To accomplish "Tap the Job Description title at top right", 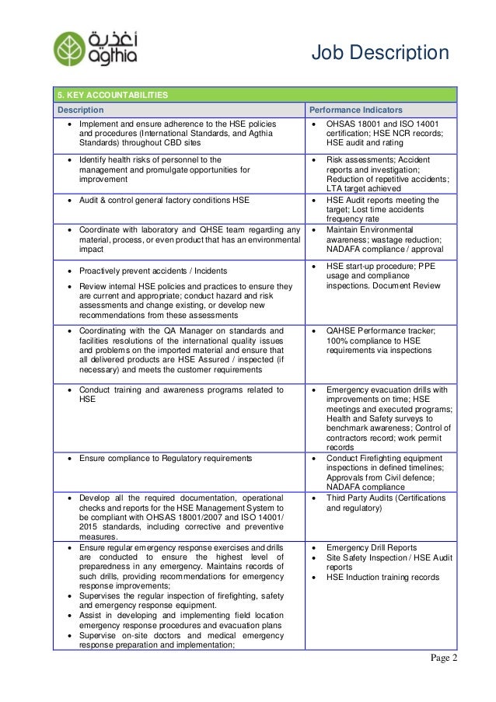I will coord(380,53).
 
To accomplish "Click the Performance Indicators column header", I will coord(358,110).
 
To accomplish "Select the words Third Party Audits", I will coord(362,497).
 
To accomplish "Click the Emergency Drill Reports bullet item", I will coord(372,547).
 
